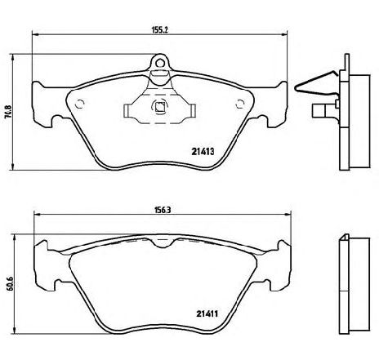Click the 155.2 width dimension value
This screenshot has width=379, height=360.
(159, 29)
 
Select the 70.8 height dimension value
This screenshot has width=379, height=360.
(9, 112)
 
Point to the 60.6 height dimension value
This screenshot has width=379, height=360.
(9, 283)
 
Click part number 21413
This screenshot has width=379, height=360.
(203, 151)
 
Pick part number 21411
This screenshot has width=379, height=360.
(207, 313)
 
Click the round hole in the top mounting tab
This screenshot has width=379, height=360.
(160, 63)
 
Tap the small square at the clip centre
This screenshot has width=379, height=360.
(159, 107)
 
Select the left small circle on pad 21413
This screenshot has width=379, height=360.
(80, 104)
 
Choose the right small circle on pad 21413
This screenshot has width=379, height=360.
(239, 104)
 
